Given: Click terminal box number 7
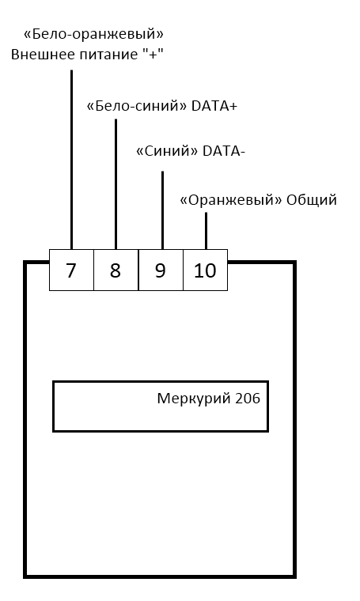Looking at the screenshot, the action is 71,270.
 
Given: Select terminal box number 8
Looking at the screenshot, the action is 116,270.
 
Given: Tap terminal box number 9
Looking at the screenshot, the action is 161,270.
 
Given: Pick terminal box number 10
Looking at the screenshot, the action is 205,270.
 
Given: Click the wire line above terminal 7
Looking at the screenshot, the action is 71,160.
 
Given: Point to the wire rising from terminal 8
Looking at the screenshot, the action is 116,184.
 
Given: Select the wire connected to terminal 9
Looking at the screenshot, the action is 162,210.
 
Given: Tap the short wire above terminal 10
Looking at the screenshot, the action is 206,231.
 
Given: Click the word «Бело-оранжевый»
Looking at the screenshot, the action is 93,35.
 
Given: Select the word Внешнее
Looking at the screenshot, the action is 42,55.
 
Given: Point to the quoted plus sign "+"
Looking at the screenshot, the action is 153,53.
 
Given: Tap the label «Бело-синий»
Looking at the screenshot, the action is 137,106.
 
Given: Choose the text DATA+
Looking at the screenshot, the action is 214,106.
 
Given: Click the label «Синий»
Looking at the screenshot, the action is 167,151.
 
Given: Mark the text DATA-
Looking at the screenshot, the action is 223,151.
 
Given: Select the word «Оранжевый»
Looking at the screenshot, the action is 231,200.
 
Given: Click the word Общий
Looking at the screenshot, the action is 312,200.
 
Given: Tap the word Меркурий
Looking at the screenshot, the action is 194,399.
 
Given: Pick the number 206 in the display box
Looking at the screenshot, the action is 248,399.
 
